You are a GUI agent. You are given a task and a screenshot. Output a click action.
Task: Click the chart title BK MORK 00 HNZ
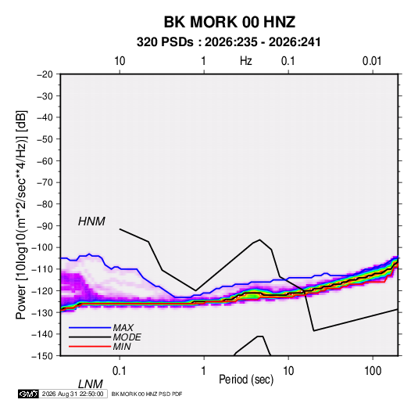click(x=229, y=22)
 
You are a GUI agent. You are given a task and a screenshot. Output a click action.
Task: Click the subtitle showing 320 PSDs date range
click(x=228, y=42)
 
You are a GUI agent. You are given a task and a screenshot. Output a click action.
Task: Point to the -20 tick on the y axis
click(x=45, y=74)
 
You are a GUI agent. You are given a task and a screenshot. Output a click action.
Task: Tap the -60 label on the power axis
click(x=45, y=160)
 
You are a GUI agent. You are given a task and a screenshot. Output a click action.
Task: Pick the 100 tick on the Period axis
click(x=373, y=371)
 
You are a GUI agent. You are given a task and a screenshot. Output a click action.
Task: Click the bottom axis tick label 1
click(x=204, y=371)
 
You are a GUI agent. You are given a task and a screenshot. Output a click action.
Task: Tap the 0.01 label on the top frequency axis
click(x=372, y=61)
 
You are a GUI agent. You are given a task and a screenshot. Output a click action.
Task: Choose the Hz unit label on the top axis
click(x=246, y=61)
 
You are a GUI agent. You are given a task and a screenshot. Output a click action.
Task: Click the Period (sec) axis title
click(x=246, y=380)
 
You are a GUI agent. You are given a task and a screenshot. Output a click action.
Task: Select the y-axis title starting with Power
click(x=21, y=214)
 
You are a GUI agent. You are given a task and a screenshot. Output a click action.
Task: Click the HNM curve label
click(x=91, y=221)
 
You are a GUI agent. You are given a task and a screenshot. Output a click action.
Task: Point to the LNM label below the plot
click(x=90, y=384)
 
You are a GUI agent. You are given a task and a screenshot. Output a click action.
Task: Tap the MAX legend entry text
click(x=123, y=328)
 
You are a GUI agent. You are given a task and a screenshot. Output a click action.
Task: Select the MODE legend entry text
click(x=127, y=337)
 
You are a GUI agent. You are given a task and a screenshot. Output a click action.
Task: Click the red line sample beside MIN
click(x=90, y=347)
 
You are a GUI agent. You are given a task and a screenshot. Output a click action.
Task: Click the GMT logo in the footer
click(x=28, y=394)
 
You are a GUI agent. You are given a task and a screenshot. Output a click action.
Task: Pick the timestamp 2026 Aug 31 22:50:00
click(x=73, y=394)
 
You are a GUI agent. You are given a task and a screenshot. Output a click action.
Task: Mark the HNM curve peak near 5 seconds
click(x=259, y=239)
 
